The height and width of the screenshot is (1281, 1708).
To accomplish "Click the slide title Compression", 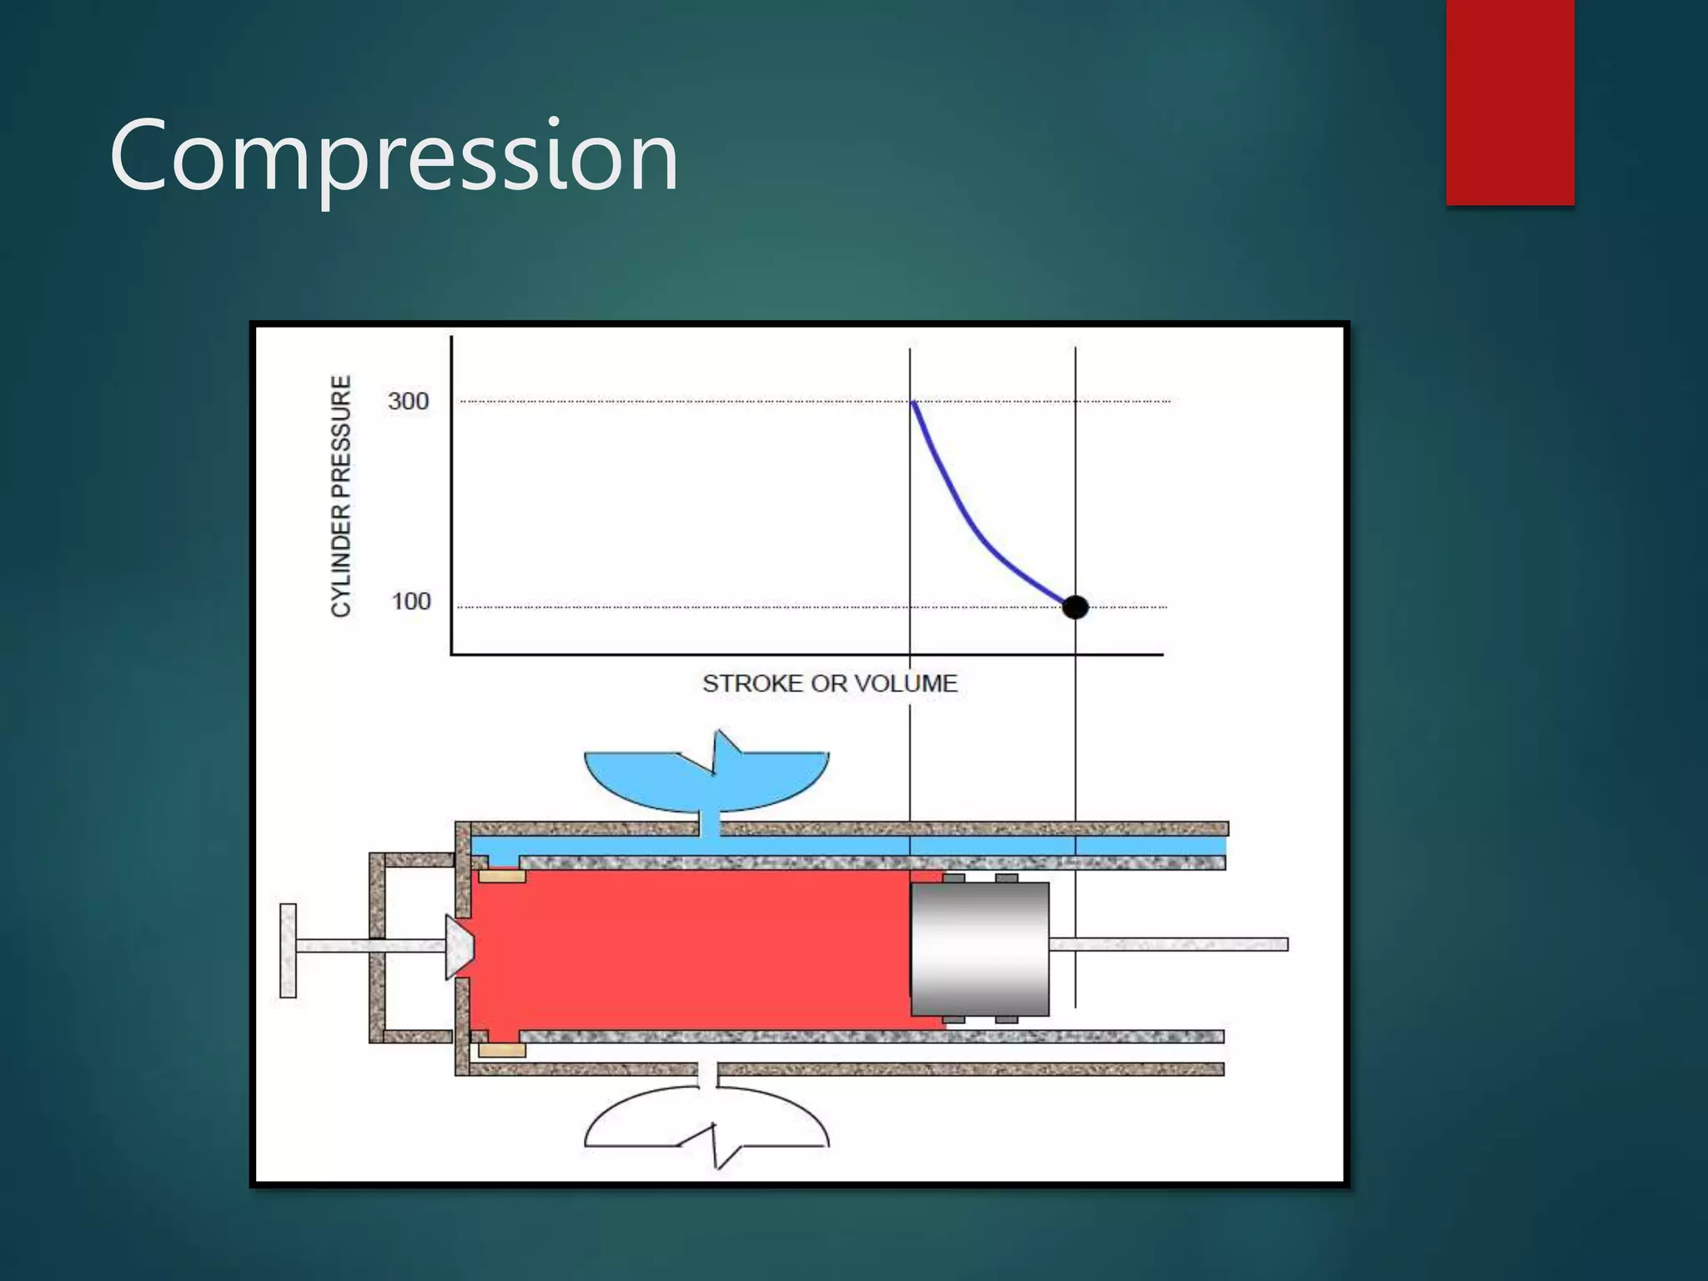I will (x=394, y=157).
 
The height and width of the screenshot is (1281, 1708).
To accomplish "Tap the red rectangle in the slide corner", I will (x=1510, y=102).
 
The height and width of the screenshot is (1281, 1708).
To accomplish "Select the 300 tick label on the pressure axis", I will (x=408, y=401).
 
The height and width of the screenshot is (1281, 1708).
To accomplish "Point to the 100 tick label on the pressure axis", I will (x=410, y=601).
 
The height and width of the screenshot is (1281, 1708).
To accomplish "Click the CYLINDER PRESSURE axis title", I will (x=341, y=496).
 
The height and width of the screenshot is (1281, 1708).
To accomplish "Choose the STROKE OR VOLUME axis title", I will (x=830, y=684).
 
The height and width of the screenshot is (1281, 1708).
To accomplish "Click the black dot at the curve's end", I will (x=1075, y=607).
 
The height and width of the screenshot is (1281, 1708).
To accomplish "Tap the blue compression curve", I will (x=967, y=521).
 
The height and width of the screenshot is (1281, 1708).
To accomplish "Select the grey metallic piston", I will (x=980, y=948).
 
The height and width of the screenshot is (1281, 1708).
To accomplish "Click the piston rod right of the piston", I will (x=1168, y=944).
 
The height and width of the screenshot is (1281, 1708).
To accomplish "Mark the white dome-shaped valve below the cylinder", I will (x=706, y=1122).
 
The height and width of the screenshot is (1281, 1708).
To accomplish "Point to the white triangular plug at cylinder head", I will (x=459, y=947).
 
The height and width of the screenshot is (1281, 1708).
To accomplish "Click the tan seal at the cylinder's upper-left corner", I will (x=501, y=876).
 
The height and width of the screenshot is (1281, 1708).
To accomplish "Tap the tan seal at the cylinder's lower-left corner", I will (x=501, y=1049).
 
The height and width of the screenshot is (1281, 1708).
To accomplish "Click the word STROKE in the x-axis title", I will (x=753, y=684).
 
